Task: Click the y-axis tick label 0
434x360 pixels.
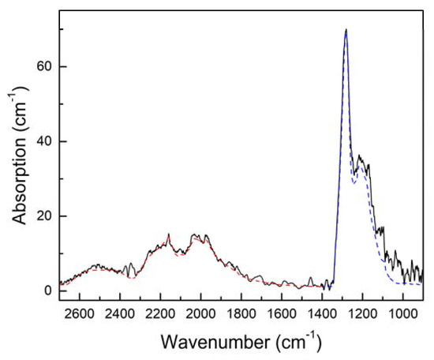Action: [48, 291]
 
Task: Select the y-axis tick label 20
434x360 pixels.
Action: [44, 216]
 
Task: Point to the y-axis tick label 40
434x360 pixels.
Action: [44, 142]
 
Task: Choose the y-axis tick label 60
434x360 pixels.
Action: [44, 67]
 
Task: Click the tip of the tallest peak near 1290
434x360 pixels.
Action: [346, 30]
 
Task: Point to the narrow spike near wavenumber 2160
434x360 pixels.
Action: [168, 234]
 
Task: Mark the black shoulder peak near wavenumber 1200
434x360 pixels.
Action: [360, 156]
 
